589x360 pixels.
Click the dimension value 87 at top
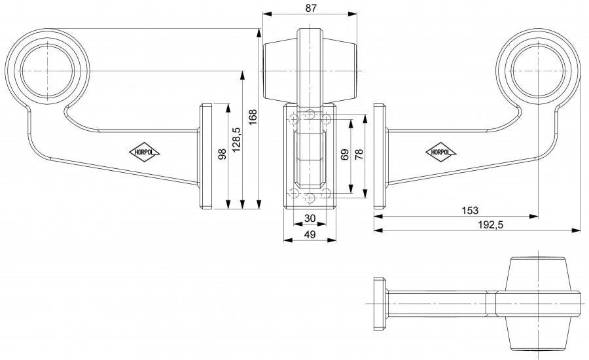pos(311,8)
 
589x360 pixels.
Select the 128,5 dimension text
pos(237,139)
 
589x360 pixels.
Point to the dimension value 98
pos(223,154)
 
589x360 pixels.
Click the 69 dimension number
pos(345,154)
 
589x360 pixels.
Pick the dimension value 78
pos(359,154)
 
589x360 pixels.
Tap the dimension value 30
pos(310,219)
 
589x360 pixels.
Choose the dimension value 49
pos(310,234)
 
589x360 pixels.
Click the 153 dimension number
pos(469,211)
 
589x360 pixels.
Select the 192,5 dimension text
pos(490,225)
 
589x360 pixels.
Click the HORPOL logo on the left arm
pos(144,153)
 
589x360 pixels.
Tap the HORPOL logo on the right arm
pos(440,153)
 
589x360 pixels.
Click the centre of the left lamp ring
pos(48,71)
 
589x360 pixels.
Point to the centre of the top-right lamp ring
pos(539,71)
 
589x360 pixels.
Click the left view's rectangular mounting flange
pos(205,156)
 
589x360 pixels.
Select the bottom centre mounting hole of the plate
pos(310,198)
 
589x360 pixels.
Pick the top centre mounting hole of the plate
pos(310,114)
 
